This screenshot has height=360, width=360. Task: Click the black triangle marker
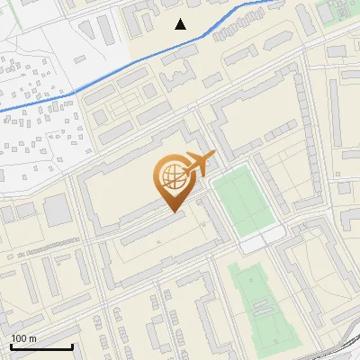181,23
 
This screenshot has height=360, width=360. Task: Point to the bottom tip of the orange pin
174,211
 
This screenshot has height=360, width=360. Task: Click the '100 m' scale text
24,338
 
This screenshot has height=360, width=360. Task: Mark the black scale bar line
41,346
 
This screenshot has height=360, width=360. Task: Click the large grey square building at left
57,211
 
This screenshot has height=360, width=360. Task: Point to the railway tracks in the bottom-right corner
346,346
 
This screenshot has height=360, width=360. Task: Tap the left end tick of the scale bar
11,346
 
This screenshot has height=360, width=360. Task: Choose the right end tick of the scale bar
72,346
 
